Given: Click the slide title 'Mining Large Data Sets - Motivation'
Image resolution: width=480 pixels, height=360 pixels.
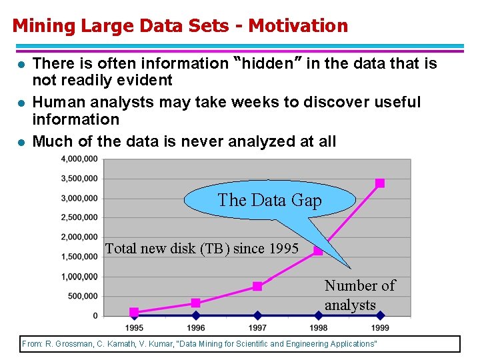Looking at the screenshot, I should pos(180,26).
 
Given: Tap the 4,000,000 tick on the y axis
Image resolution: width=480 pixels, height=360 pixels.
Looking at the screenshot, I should pos(79,159).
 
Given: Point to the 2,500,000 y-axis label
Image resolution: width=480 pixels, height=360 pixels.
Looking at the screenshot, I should pos(79,217).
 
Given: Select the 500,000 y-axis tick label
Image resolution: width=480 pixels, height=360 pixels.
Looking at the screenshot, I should pos(83,296).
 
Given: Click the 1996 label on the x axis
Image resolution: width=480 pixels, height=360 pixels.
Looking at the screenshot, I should pos(196,328).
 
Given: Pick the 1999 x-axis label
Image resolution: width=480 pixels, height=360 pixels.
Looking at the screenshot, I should pos(379,328).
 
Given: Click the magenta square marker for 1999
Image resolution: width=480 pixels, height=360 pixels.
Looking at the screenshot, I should pos(379,183).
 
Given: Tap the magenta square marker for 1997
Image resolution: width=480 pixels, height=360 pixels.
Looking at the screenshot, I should pos(257,287).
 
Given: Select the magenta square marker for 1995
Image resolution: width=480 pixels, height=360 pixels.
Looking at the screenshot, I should pos(134,311).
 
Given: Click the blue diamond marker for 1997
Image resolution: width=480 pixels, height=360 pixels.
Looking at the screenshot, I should pos(257,315).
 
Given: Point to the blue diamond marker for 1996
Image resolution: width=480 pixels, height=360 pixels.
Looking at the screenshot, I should pos(196,315).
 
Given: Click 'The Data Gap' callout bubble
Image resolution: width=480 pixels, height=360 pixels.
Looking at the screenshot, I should pos(269,200).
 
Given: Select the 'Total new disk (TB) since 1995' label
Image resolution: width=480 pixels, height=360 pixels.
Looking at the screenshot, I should pos(202,249).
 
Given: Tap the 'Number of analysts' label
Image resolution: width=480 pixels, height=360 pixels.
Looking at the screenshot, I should pos(359,295).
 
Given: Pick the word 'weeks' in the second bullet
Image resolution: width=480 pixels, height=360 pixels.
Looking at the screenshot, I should pos(247,102).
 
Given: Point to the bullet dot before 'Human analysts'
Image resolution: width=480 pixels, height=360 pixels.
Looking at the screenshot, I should pos(21,103).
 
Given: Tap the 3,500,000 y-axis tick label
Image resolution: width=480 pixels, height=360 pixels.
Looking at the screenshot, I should pos(79,178).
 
